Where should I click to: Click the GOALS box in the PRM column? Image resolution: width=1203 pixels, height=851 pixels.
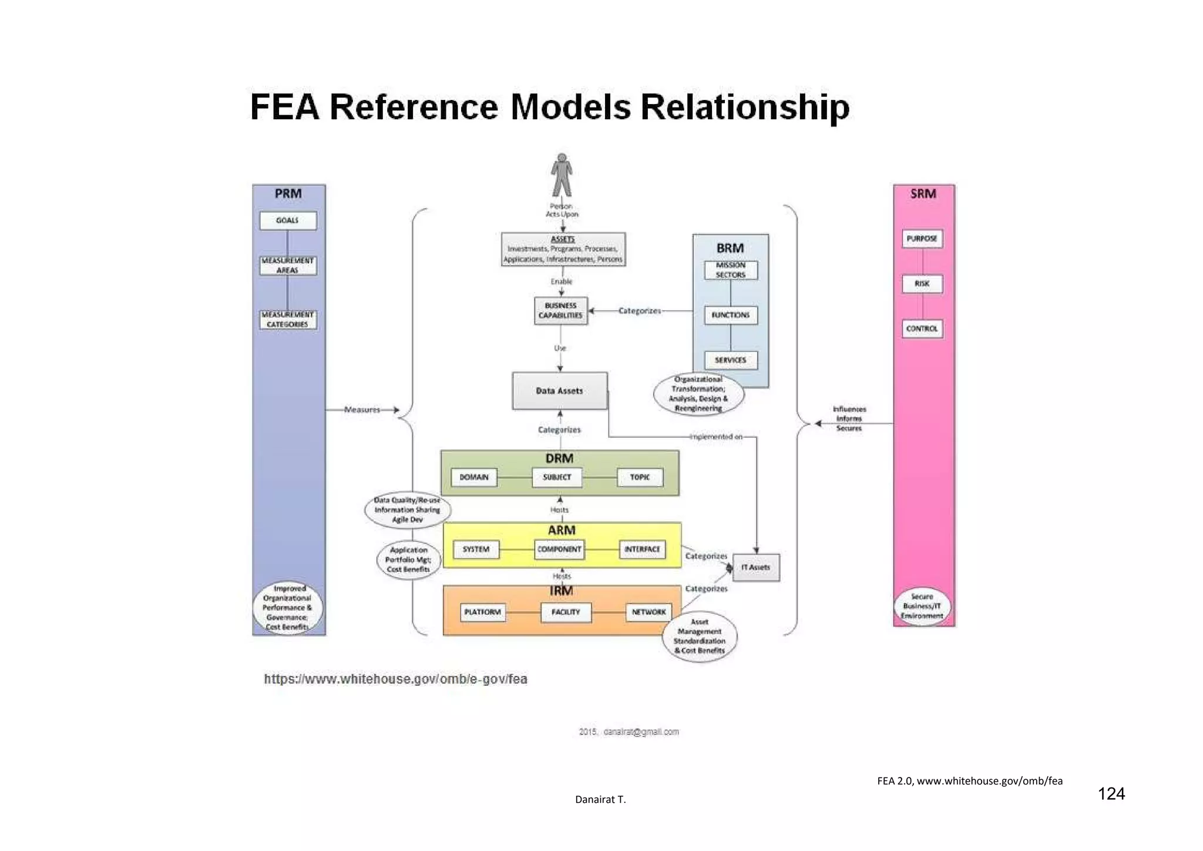288,220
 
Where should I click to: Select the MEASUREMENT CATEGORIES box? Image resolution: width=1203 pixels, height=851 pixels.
288,320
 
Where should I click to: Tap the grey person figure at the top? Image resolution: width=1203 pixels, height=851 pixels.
562,175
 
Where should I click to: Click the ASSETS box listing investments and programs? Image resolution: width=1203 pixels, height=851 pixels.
563,249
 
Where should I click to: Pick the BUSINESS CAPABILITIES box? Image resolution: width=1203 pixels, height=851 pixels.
560,310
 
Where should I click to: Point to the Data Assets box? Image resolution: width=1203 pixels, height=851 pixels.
559,391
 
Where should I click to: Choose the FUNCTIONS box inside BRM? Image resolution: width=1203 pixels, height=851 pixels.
731,315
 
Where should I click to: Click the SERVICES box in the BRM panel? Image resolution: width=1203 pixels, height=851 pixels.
731,360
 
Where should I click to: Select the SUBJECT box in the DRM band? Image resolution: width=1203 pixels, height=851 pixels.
557,477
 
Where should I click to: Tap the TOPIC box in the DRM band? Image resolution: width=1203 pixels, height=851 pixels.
640,477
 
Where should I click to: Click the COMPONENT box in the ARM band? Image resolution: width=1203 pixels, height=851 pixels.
559,550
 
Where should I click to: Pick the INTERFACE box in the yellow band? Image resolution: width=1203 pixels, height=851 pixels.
642,550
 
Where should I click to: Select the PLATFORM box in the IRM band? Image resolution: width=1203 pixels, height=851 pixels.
482,612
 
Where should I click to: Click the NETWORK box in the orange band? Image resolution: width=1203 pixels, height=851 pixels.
648,612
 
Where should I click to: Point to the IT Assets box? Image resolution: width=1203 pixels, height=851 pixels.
755,568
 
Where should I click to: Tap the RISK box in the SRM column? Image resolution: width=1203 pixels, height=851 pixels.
922,284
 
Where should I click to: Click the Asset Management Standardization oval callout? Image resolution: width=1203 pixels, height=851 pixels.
699,636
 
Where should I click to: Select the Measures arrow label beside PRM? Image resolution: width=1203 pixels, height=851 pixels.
362,410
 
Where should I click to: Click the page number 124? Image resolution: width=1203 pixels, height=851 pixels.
1111,794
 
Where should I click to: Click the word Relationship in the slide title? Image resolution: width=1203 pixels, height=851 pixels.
744,107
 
